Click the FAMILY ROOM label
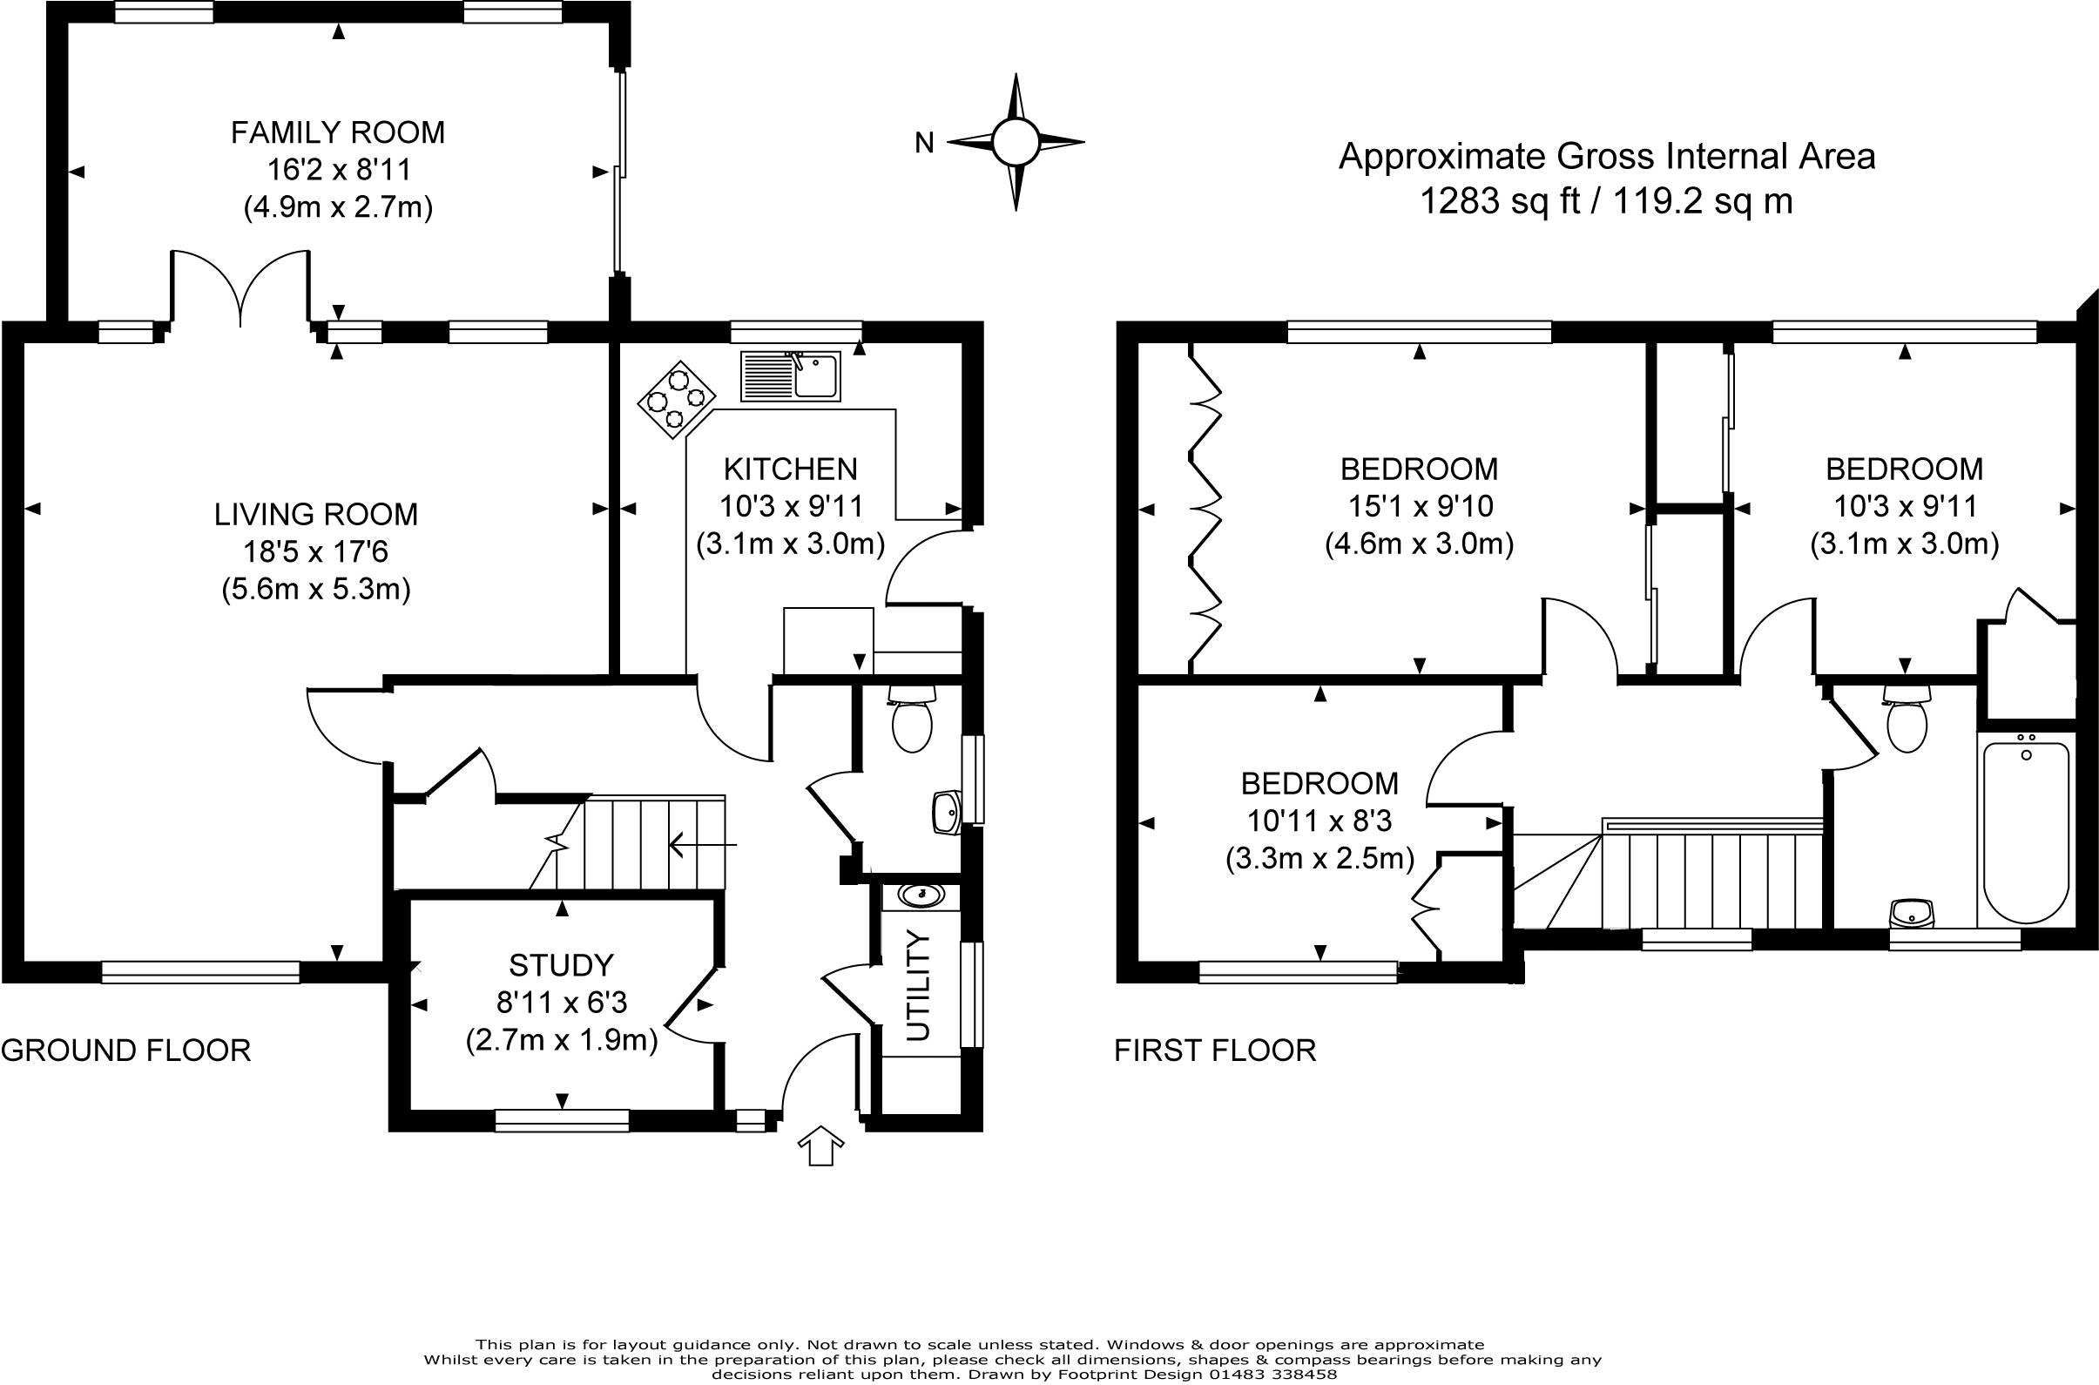coord(337,132)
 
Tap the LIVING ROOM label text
coord(316,514)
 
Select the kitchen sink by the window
coord(790,376)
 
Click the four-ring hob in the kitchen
coord(677,398)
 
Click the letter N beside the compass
coord(924,142)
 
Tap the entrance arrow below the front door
coord(820,1145)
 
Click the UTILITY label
coord(919,986)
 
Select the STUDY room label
coord(561,964)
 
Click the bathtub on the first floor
coord(2027,833)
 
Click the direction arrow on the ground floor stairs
coord(703,845)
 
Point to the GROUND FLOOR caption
coord(126,1051)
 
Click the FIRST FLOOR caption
coord(1215,1051)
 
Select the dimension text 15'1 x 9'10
coord(1420,506)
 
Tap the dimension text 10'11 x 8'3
coord(1319,821)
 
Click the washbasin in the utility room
coord(920,895)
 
